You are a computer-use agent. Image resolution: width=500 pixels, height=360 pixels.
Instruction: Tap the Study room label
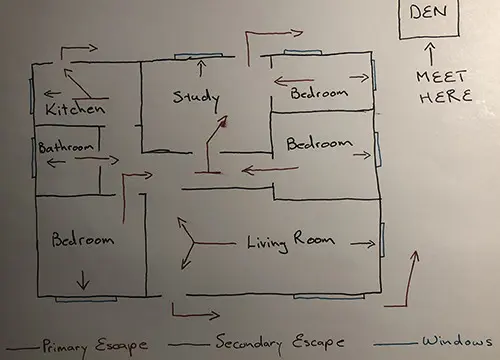click(196, 96)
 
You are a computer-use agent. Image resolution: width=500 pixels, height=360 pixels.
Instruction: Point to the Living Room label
click(290, 241)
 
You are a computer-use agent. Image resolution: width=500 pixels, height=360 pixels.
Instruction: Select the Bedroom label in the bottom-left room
click(83, 240)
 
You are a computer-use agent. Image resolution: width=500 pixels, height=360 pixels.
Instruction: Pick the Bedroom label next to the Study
click(319, 94)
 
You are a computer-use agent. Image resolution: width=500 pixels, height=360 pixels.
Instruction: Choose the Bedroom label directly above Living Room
click(319, 144)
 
